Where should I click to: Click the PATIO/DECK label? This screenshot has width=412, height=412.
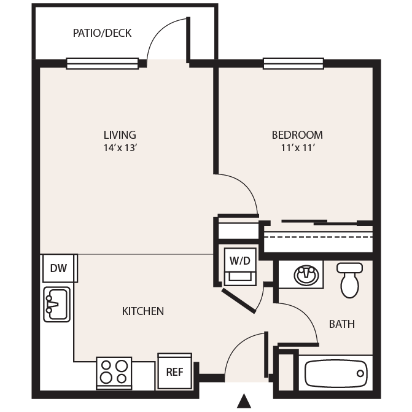click(x=102, y=33)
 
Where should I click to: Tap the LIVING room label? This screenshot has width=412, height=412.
click(x=120, y=135)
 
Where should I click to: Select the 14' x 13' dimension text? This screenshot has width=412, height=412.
click(x=120, y=147)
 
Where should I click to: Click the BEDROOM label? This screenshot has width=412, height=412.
click(x=297, y=135)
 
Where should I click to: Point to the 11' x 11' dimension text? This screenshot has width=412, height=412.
click(x=298, y=147)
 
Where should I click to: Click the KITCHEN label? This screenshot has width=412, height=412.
click(x=143, y=311)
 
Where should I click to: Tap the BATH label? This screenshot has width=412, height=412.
click(x=342, y=324)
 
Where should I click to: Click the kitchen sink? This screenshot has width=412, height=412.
click(x=56, y=305)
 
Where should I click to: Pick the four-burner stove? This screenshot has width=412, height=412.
click(x=114, y=373)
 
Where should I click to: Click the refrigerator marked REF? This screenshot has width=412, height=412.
click(x=175, y=371)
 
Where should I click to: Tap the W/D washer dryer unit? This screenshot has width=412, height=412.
click(x=240, y=266)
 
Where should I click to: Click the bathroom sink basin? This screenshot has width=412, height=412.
click(x=306, y=275)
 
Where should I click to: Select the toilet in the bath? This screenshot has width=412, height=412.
click(x=350, y=280)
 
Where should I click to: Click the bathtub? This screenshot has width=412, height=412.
click(x=336, y=373)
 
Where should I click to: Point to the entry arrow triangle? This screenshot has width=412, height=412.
click(x=244, y=401)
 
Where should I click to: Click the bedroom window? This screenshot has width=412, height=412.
click(x=293, y=64)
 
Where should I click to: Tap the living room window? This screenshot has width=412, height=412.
click(x=102, y=64)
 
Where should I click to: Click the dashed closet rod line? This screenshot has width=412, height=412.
click(x=318, y=237)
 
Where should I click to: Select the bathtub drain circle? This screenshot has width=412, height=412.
click(x=360, y=373)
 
